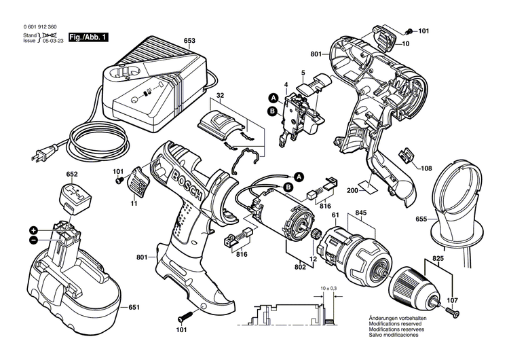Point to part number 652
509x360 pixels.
tap(73, 174)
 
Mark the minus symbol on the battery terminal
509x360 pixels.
tap(33, 240)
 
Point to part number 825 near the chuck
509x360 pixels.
tap(439, 259)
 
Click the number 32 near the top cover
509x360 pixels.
tap(221, 96)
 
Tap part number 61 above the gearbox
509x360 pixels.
tap(335, 215)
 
